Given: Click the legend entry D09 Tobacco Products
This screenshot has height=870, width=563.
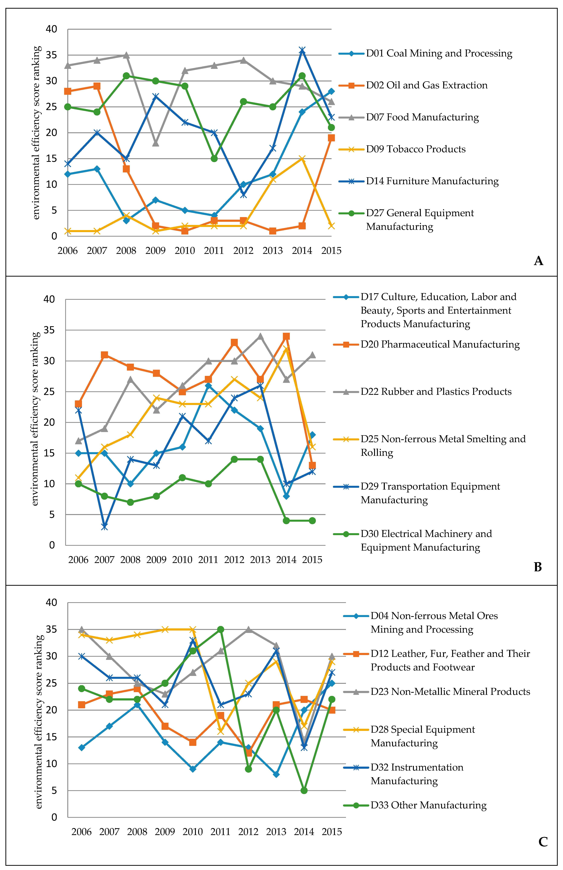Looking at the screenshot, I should tap(416, 149).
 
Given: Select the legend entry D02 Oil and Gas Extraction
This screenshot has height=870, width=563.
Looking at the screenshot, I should tap(427, 85).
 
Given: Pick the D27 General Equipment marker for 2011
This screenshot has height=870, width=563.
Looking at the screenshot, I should tap(214, 159).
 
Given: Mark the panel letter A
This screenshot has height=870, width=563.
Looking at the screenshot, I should tap(538, 261).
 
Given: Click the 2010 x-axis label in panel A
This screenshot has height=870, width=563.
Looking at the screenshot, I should tap(185, 251).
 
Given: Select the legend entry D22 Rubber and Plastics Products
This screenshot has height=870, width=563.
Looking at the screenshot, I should tap(436, 391).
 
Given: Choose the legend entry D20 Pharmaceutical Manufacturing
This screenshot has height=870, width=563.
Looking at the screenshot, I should tap(440, 344).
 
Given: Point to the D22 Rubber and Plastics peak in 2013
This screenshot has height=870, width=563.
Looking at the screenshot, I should tap(260, 336).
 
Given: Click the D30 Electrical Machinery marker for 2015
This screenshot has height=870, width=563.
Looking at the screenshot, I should tap(312, 521).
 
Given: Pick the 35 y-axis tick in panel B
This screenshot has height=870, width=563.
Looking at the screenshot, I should tap(49, 330).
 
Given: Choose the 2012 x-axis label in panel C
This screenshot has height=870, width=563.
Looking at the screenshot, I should tap(248, 832).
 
